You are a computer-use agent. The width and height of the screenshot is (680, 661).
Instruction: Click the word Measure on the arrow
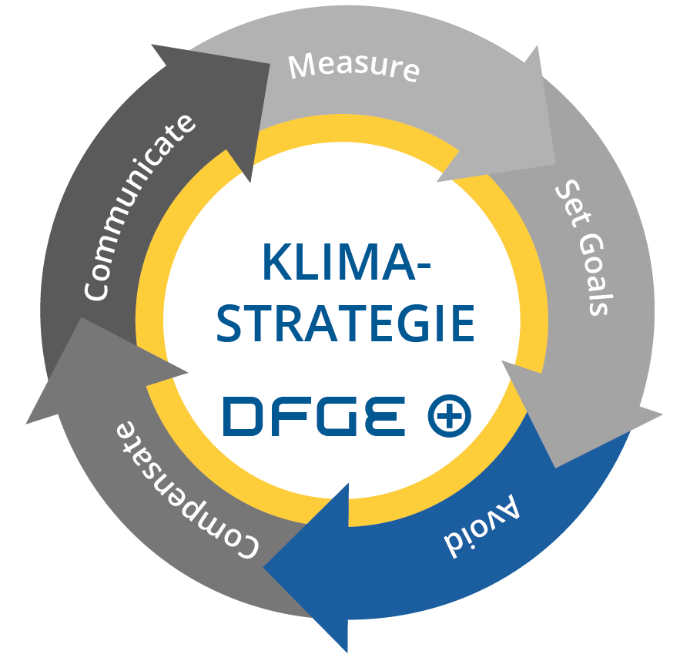[x=354, y=67]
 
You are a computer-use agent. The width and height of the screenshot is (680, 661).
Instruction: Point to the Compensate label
[x=187, y=490]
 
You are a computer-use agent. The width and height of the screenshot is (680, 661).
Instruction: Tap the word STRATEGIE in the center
[x=346, y=323]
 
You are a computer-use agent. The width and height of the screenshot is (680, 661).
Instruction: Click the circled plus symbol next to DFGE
[x=449, y=415]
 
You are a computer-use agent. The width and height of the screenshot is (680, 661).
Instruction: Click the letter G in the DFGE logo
[x=336, y=416]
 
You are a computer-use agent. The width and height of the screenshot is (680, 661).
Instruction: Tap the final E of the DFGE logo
[x=385, y=416]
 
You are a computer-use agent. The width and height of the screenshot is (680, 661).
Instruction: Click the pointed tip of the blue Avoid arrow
[x=263, y=567]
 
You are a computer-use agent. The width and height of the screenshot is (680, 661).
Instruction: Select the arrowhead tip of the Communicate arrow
[x=270, y=64]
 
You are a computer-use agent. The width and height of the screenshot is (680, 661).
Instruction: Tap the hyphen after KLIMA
[x=424, y=265]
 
